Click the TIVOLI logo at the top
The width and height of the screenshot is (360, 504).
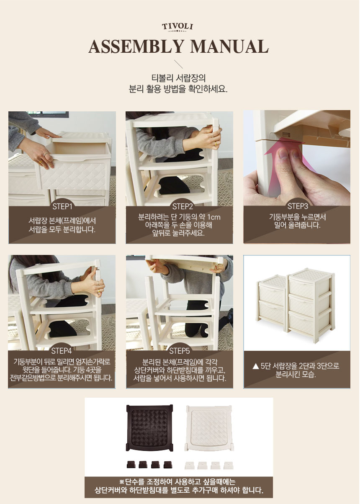click(177, 27)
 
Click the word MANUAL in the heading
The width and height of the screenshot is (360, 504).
click(229, 46)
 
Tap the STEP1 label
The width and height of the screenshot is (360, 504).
click(62, 206)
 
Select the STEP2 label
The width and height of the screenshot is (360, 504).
click(183, 206)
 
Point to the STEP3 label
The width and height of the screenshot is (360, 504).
click(298, 206)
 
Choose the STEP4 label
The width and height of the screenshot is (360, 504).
click(62, 351)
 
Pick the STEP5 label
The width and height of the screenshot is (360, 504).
click(179, 351)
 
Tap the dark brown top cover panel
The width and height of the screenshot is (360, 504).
click(149, 428)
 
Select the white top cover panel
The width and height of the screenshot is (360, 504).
click(208, 428)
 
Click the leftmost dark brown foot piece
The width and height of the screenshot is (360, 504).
click(131, 464)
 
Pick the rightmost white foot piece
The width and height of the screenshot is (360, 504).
click(229, 465)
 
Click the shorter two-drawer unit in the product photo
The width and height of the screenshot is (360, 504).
click(272, 299)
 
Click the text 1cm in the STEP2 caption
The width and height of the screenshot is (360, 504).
click(214, 217)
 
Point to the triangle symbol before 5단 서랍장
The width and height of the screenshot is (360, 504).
click(256, 367)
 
